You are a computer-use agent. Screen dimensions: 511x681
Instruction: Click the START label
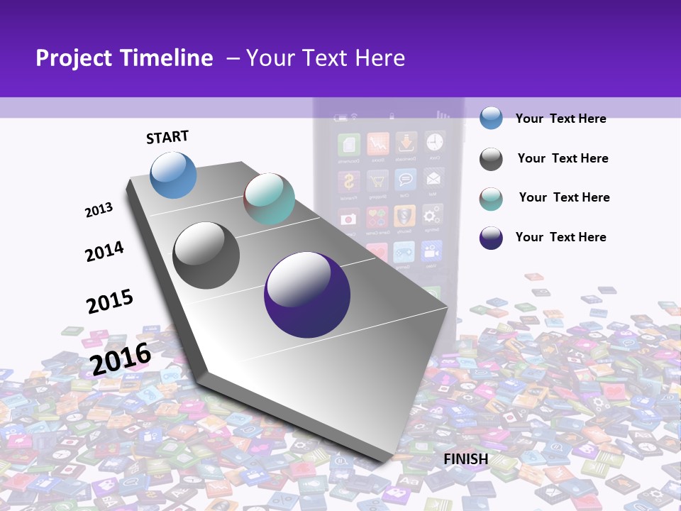click(167, 137)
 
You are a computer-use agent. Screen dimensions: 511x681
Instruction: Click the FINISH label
click(465, 459)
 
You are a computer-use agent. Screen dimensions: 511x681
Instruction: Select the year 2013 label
click(99, 210)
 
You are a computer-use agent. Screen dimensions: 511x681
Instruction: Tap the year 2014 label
click(104, 251)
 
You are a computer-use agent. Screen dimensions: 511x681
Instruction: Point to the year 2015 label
click(110, 301)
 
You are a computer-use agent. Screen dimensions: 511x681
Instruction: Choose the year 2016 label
click(121, 358)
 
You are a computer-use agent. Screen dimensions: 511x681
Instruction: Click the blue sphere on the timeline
click(174, 175)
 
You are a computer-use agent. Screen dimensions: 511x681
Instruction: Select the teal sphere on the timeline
click(269, 199)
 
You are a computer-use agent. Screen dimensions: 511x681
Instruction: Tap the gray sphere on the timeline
click(206, 255)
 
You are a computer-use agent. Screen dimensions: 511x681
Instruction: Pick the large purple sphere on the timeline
click(307, 295)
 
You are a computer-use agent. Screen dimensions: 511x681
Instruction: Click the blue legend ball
click(491, 118)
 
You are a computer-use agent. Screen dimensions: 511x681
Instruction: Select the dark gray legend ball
click(491, 159)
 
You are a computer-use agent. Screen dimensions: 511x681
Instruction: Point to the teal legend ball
click(491, 199)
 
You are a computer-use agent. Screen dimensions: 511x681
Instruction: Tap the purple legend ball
click(491, 238)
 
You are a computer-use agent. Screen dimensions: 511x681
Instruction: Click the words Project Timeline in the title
click(124, 58)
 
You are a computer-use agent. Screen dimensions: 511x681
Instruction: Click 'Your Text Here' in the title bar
click(325, 58)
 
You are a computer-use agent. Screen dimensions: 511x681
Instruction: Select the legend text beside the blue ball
click(560, 119)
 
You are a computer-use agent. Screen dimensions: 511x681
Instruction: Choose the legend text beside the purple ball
click(560, 237)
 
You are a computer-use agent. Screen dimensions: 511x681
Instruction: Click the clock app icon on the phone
click(433, 143)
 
